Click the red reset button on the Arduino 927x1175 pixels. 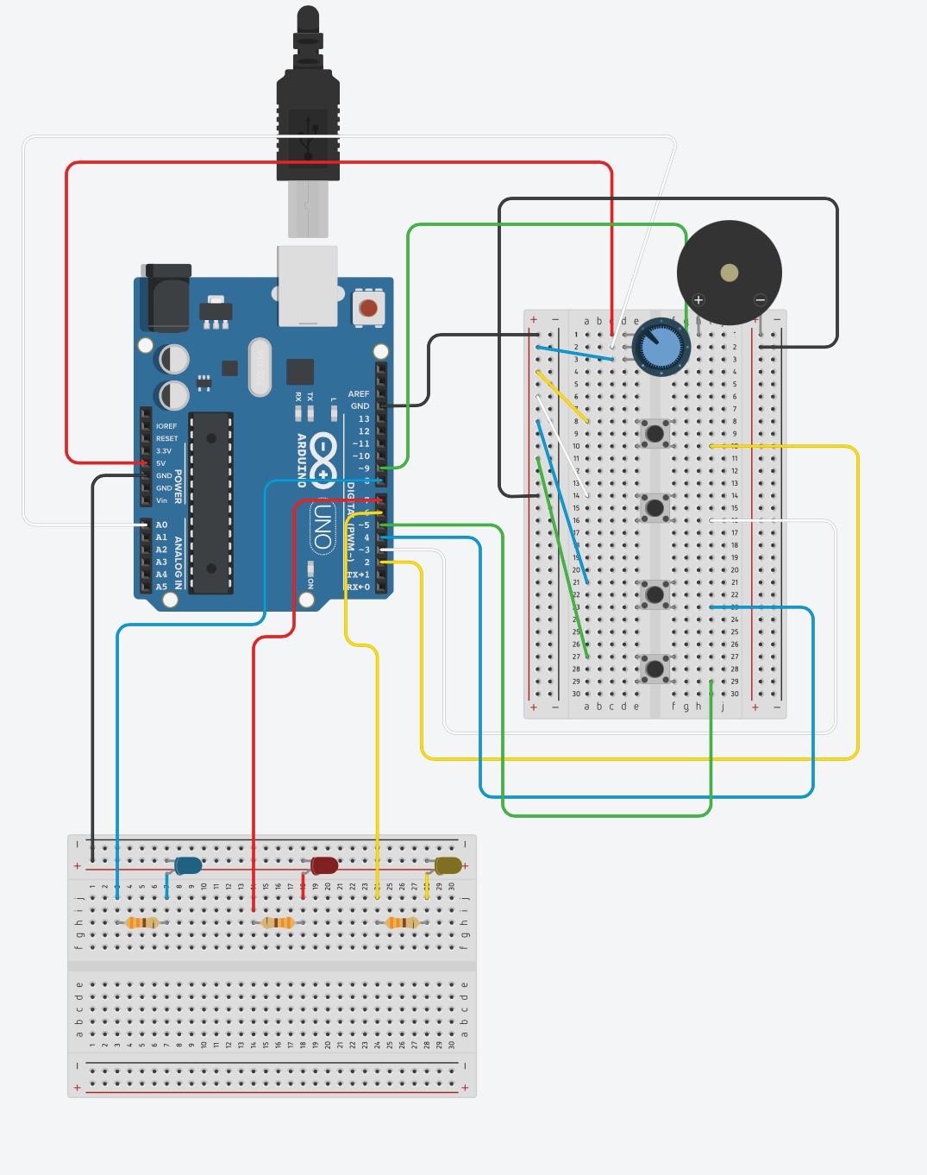(368, 308)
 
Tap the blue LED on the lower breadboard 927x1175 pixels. (188, 865)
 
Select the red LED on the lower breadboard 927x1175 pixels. (324, 865)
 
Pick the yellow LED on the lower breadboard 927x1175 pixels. (448, 865)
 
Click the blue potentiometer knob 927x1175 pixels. (661, 349)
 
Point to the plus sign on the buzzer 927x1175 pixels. (698, 300)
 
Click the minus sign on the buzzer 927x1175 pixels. (760, 300)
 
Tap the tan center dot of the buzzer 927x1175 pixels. (730, 273)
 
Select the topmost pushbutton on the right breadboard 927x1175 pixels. (655, 433)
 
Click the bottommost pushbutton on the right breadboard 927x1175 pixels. (655, 669)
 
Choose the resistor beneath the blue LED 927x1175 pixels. (142, 923)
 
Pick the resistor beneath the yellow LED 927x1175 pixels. (402, 923)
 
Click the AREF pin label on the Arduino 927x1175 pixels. (359, 394)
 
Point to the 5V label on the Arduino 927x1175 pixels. (161, 463)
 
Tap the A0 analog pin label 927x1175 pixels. (161, 525)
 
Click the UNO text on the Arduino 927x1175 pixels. (323, 526)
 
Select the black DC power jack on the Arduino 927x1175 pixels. (169, 298)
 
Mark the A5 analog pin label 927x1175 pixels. (161, 587)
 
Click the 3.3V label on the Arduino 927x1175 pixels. (164, 451)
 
